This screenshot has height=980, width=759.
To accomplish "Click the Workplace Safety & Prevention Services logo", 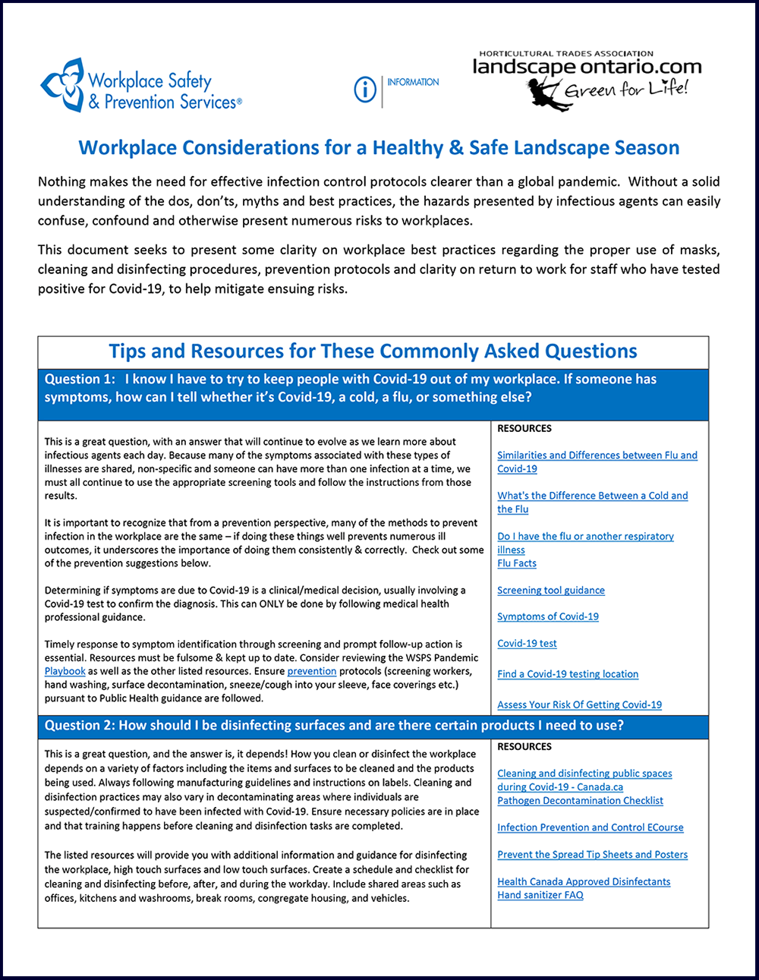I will (x=141, y=86).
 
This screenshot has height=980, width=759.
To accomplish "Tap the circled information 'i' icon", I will (x=365, y=90).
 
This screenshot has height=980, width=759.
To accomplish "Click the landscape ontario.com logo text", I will (x=587, y=68).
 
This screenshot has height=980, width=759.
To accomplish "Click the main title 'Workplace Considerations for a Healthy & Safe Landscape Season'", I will (x=379, y=147).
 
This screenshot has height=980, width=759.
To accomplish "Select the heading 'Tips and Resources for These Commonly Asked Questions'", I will (x=373, y=351).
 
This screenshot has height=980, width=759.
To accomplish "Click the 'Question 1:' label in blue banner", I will (x=80, y=380).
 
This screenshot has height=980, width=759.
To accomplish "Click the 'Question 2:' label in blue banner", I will (x=80, y=726).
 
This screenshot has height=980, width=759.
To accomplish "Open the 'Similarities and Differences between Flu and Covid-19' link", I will (x=597, y=455).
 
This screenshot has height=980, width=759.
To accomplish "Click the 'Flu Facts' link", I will (x=517, y=563).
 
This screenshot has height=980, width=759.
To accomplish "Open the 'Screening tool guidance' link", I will (x=551, y=591).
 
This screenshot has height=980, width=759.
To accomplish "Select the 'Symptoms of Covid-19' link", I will (x=548, y=617).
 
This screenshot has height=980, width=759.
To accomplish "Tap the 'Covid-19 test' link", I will (x=527, y=644).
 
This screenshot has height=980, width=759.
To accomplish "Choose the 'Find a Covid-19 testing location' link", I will (x=568, y=674).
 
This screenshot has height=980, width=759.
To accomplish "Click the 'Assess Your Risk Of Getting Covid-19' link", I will (x=579, y=705).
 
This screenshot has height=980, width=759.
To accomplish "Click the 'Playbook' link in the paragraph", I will (x=65, y=672).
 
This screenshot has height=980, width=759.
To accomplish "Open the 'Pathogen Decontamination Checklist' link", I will (x=580, y=801).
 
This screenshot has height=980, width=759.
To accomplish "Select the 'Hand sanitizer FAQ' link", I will (x=540, y=896).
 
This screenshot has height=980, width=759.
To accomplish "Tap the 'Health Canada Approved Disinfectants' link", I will (x=584, y=882).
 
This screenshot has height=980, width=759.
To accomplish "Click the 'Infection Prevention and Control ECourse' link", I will (x=590, y=828).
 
